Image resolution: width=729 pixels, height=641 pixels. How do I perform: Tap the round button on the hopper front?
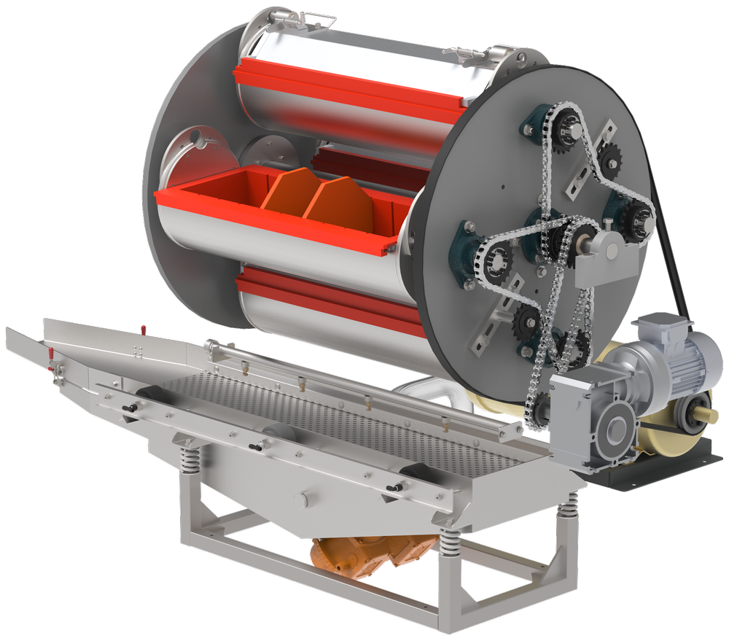[303, 500]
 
